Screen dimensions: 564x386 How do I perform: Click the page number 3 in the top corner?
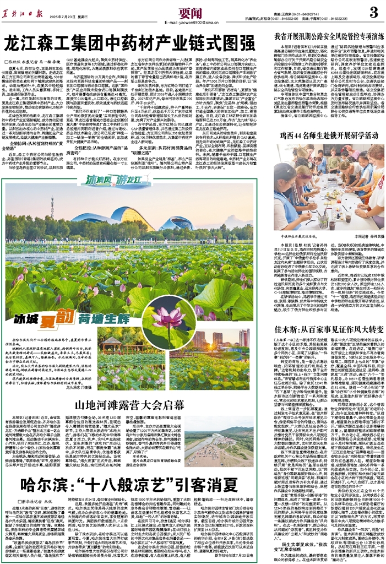[372, 12]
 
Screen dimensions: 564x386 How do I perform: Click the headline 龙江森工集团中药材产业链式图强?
[130, 42]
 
